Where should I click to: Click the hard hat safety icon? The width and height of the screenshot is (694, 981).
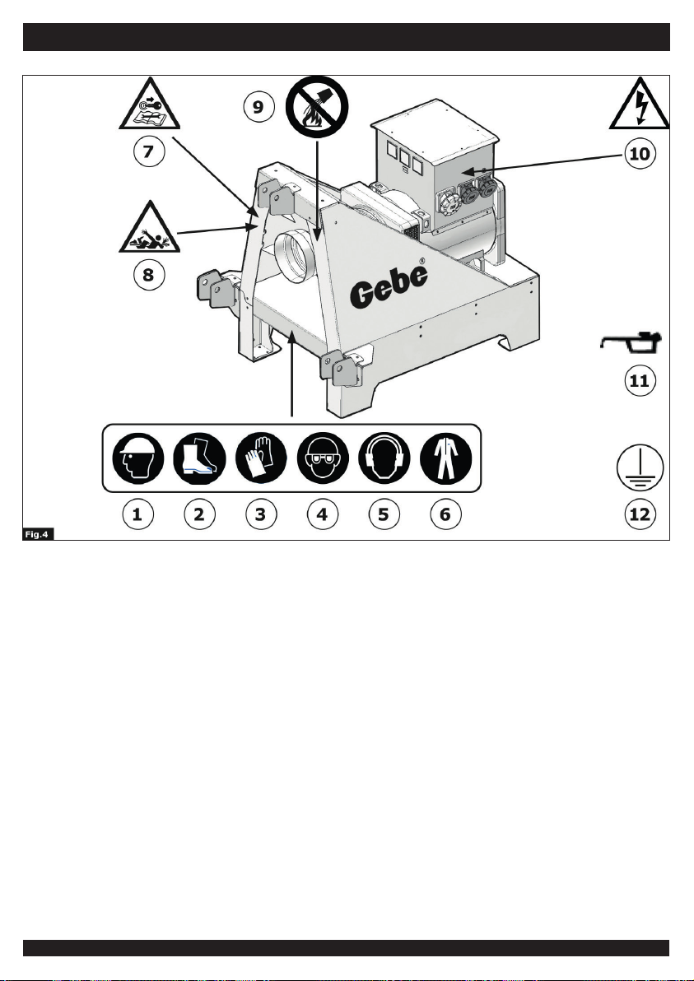pyautogui.click(x=138, y=459)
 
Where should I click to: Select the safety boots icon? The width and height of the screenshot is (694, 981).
pyautogui.click(x=199, y=459)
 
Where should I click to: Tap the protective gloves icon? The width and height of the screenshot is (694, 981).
pyautogui.click(x=261, y=459)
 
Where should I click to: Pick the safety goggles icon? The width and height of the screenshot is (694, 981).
pyautogui.click(x=323, y=459)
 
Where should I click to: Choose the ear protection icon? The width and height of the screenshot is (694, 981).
pyautogui.click(x=384, y=459)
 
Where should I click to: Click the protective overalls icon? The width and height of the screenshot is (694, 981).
pyautogui.click(x=445, y=459)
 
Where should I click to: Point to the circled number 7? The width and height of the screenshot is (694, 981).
pyautogui.click(x=149, y=151)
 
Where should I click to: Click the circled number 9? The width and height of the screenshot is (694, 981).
pyautogui.click(x=259, y=107)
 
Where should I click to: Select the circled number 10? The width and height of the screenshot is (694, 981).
pyautogui.click(x=640, y=152)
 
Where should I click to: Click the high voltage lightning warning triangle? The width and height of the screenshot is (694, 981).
pyautogui.click(x=640, y=104)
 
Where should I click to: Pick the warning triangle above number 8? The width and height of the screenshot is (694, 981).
pyautogui.click(x=150, y=226)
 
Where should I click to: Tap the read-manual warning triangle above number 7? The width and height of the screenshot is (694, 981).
pyautogui.click(x=150, y=104)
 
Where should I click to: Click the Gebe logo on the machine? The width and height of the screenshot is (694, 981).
pyautogui.click(x=389, y=286)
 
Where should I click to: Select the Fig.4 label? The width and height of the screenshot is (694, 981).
pyautogui.click(x=38, y=533)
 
